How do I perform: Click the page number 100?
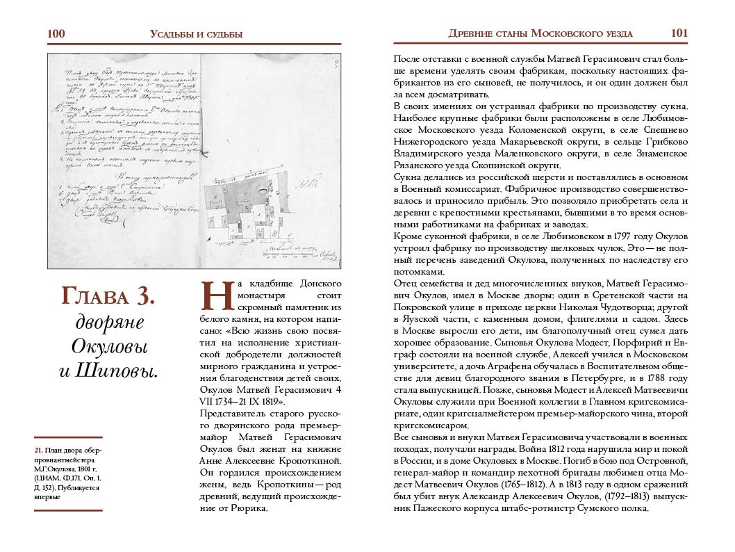pos(56,33)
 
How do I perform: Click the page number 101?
pos(679,33)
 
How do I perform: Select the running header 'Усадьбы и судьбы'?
pos(196,34)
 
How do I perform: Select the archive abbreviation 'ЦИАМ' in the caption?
pos(50,478)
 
